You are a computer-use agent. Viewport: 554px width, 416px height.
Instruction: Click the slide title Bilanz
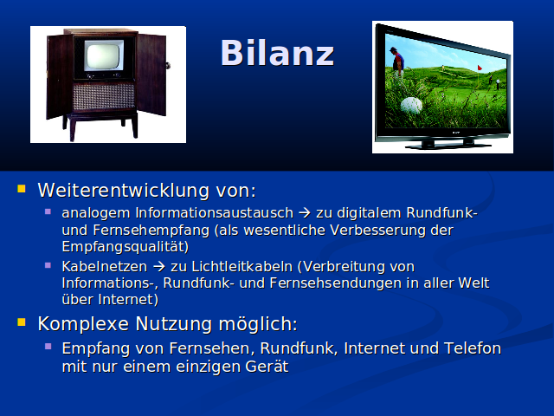277,53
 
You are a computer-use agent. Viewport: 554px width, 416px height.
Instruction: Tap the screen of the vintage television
103,55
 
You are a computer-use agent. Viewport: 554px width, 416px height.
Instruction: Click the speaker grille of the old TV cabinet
104,96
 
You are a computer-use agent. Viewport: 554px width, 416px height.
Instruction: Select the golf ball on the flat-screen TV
411,105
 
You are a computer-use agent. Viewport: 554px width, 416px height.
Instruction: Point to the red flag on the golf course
480,68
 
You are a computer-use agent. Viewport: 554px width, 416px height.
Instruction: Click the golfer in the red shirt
397,62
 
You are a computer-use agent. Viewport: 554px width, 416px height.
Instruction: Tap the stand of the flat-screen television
448,145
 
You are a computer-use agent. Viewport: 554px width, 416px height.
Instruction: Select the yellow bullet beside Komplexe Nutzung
22,322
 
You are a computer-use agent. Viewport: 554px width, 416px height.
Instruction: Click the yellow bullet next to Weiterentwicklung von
22,189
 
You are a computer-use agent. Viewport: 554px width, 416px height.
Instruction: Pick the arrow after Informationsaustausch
305,213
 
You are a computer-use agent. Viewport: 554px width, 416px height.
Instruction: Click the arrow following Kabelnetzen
159,266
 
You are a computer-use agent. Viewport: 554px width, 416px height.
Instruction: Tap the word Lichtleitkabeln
242,266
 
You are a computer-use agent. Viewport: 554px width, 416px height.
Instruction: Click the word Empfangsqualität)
126,247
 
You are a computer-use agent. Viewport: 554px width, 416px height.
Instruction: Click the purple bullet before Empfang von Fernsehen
48,346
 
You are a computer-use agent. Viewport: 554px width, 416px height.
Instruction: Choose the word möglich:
258,324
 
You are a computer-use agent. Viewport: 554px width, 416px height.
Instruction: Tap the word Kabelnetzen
104,266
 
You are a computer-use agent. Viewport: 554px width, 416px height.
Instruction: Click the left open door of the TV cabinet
60,76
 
